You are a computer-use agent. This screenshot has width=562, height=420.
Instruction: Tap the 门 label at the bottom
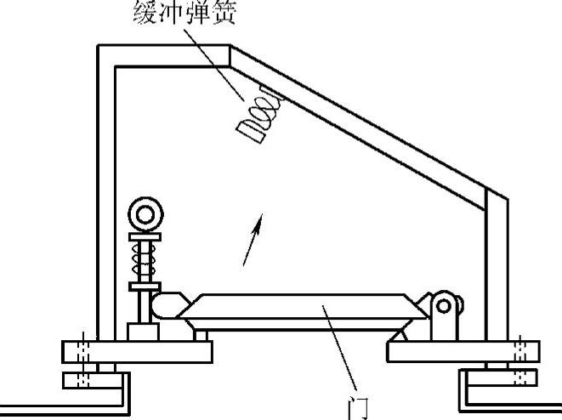click(357, 408)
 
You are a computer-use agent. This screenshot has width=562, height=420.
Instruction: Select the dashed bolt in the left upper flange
click(82, 350)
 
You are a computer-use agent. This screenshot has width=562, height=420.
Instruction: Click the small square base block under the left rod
click(139, 331)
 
